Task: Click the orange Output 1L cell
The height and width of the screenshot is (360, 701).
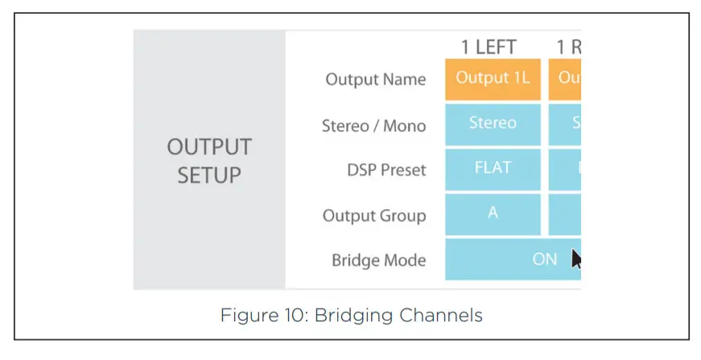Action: pyautogui.click(x=493, y=79)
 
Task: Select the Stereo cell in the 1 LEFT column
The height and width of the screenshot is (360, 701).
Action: pyautogui.click(x=493, y=124)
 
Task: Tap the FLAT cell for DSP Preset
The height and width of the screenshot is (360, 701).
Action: pyautogui.click(x=493, y=169)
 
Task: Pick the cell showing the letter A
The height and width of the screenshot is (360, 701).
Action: pyautogui.click(x=493, y=214)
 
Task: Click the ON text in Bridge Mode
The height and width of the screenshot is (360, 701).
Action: pyautogui.click(x=545, y=259)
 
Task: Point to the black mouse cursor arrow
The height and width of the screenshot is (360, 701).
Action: pyautogui.click(x=576, y=259)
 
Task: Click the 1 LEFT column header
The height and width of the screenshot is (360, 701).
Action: pyautogui.click(x=489, y=48)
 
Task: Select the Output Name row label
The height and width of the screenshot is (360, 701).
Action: pyautogui.click(x=375, y=80)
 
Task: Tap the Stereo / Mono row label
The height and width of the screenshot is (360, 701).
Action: pyautogui.click(x=373, y=126)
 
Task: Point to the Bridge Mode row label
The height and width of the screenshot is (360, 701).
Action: pyautogui.click(x=378, y=261)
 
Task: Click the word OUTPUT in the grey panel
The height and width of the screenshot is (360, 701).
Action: pyautogui.click(x=209, y=147)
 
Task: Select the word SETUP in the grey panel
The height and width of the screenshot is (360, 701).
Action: pyautogui.click(x=209, y=174)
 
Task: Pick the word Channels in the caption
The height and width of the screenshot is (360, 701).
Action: pyautogui.click(x=443, y=315)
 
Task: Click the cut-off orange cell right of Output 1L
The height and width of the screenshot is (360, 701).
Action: pyautogui.click(x=565, y=79)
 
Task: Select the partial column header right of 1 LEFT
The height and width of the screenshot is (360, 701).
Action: pyautogui.click(x=569, y=48)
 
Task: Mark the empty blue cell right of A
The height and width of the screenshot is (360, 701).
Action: pyautogui.click(x=565, y=214)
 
